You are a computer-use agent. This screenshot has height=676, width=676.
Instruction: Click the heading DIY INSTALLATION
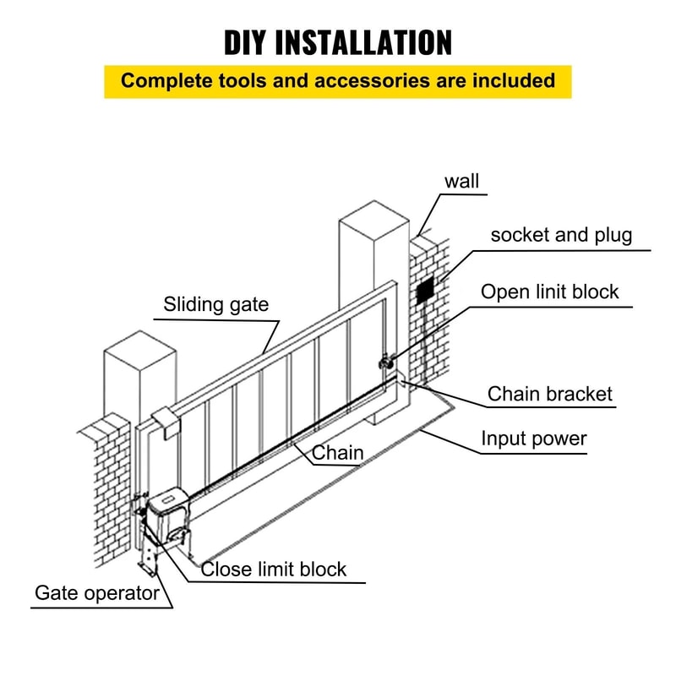338,41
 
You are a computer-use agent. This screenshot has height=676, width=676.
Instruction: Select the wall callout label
461,181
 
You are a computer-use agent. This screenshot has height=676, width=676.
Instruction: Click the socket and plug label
561,235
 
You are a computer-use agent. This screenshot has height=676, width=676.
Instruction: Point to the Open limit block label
549,292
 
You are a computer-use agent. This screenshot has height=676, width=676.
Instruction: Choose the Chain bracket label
549,394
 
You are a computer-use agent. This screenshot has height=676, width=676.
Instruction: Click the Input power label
533,439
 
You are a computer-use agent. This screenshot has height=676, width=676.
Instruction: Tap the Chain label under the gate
338,453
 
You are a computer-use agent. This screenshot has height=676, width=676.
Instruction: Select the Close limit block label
273,569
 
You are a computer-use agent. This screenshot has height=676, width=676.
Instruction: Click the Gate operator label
96,592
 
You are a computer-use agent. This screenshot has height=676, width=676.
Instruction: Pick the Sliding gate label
216,304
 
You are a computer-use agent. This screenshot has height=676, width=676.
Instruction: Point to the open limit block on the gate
384,362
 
